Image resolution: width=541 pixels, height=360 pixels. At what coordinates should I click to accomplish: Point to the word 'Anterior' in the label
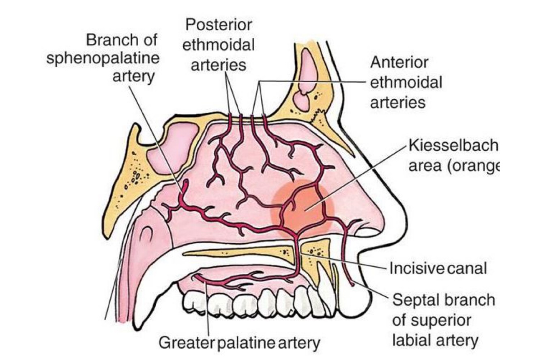[x=399, y=63]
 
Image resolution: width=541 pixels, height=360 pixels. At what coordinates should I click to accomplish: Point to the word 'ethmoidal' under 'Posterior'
[x=219, y=45]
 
